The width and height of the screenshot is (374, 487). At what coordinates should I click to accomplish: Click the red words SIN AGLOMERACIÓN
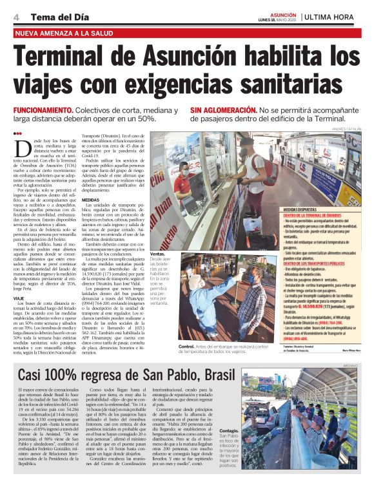point(222,111)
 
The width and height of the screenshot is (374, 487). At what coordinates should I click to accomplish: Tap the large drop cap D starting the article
point(20,146)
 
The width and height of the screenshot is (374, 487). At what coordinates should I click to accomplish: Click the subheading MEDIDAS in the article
point(91,200)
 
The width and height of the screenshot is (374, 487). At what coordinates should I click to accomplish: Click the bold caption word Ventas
point(157,254)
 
